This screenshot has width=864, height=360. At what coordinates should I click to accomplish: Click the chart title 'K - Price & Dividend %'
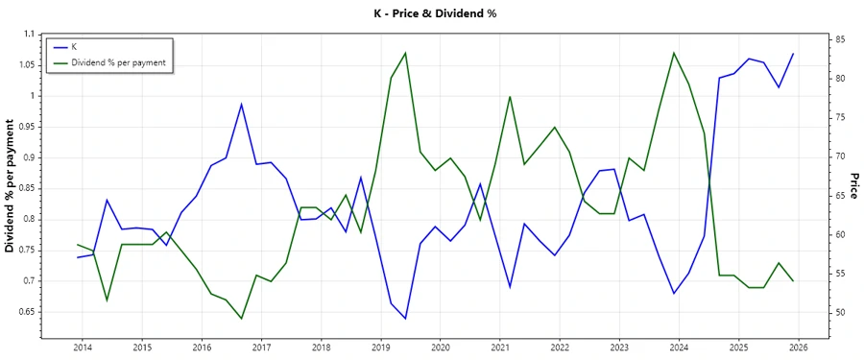point(431,13)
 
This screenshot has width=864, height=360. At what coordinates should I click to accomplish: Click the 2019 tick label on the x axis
point(380,348)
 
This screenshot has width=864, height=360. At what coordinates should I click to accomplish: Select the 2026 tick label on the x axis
point(798,348)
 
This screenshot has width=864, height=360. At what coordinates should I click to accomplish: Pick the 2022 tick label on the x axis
point(560,348)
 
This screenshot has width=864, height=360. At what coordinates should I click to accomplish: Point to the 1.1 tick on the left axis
point(29,35)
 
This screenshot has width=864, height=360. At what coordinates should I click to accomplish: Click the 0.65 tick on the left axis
point(26,312)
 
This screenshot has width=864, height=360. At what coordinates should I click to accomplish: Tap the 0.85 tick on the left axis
point(26,188)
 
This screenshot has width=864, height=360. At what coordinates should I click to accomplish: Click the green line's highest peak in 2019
point(405,53)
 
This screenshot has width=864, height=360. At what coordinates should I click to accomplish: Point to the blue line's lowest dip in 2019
point(405,319)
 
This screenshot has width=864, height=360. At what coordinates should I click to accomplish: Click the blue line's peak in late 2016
point(241,104)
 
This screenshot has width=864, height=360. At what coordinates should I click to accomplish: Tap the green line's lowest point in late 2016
point(241,319)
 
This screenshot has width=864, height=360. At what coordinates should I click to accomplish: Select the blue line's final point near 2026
point(793,54)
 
